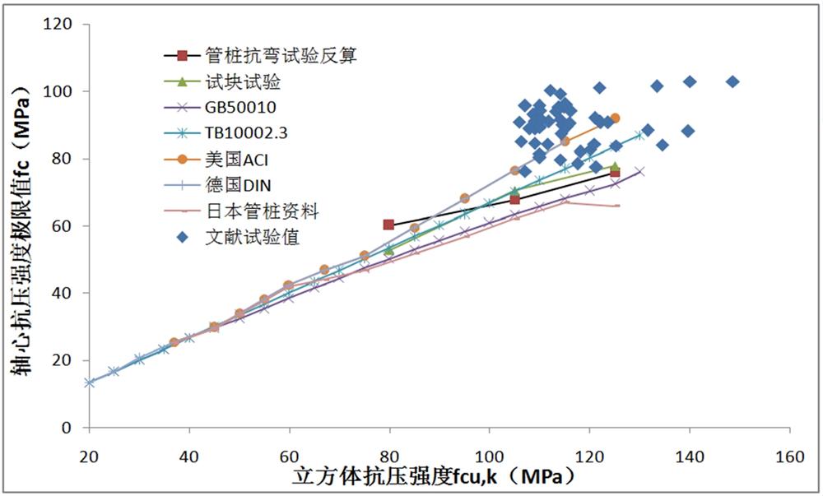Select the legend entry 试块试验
[x=238, y=82]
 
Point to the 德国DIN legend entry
[x=234, y=186]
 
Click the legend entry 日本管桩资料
[x=261, y=212]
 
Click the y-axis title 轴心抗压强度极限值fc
[x=20, y=226]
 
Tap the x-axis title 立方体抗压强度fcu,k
[x=431, y=477]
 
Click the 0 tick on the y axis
[x=73, y=428]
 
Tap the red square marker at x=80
[x=388, y=225]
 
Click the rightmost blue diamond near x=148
[x=732, y=81]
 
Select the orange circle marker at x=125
[x=615, y=118]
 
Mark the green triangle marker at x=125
[x=615, y=166]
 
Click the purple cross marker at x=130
[x=639, y=171]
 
